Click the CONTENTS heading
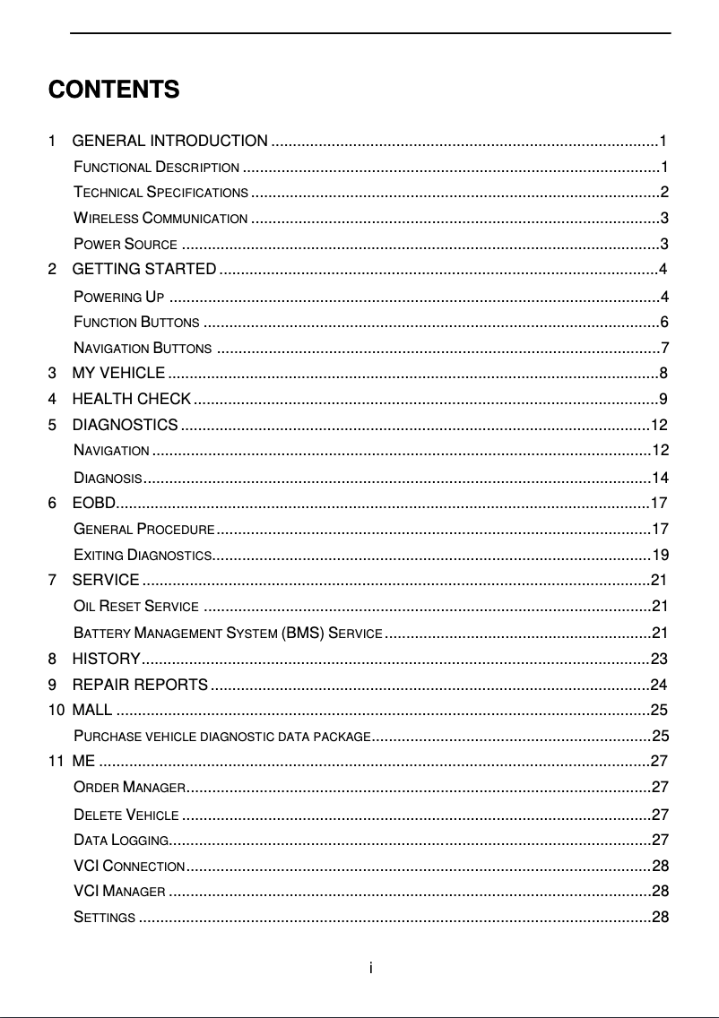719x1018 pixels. click(x=114, y=91)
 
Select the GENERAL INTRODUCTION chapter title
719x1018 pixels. click(x=169, y=141)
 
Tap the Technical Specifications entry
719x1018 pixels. click(x=160, y=193)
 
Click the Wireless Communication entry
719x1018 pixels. click(x=160, y=219)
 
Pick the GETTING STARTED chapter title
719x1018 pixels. click(x=143, y=270)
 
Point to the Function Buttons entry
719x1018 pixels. click(x=136, y=323)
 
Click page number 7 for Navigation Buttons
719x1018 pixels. click(x=663, y=348)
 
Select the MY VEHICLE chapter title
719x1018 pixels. click(x=117, y=374)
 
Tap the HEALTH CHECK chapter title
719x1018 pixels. click(x=131, y=399)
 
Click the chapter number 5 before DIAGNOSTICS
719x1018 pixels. click(x=53, y=424)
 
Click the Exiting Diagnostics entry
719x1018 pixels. click(x=142, y=554)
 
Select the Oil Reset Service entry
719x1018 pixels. click(x=136, y=606)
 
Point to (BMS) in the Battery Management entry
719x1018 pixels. click(x=303, y=634)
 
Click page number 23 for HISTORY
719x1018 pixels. click(x=659, y=660)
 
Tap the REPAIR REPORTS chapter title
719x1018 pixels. click(x=140, y=686)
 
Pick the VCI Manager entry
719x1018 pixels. click(x=119, y=892)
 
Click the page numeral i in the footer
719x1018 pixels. click(x=371, y=968)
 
